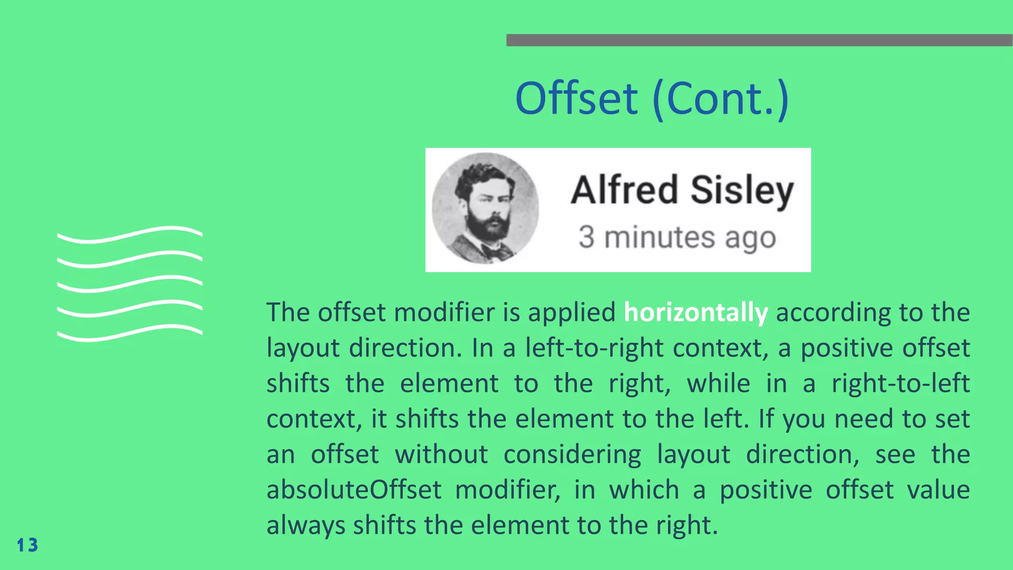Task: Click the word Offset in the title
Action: [x=576, y=98]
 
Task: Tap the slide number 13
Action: [x=27, y=545]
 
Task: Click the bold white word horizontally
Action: [x=695, y=313]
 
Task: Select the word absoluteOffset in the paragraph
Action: [x=354, y=490]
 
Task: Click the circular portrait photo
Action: [x=485, y=208]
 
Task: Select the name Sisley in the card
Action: [x=742, y=190]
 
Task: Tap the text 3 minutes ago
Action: [x=677, y=237]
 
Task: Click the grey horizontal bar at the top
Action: [x=759, y=40]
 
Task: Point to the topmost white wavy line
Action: [x=130, y=234]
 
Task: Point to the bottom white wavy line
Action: [x=130, y=333]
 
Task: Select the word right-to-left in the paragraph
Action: [x=900, y=383]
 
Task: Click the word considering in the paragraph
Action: [x=572, y=454]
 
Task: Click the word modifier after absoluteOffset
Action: [x=507, y=490]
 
